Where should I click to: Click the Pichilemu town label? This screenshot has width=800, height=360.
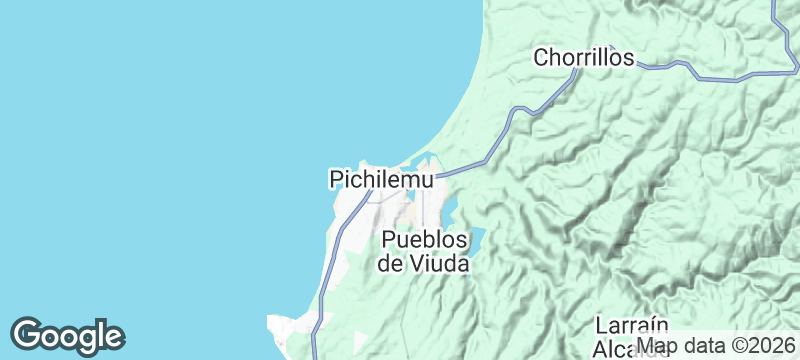click(381, 180)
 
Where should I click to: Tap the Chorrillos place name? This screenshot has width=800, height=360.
click(584, 58)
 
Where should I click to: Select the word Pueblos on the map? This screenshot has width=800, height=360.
click(425, 241)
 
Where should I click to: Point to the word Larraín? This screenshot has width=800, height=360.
click(630, 326)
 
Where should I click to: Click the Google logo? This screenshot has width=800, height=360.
click(67, 334)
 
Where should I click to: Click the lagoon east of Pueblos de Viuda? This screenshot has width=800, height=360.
click(473, 240)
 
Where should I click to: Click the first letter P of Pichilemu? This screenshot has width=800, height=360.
click(335, 180)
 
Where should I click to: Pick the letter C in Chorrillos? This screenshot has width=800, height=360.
click(540, 58)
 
